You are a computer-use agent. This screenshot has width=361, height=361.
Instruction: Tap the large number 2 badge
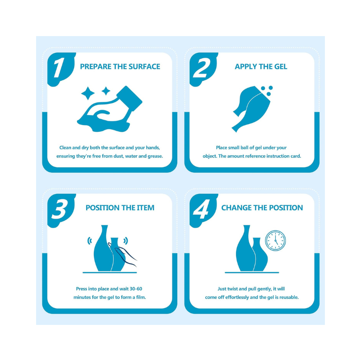[201, 68]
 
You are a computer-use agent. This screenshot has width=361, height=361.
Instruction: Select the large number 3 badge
[60, 209]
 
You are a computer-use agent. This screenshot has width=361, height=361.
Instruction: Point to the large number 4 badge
[202, 209]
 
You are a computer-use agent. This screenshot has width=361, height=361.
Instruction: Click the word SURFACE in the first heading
[144, 66]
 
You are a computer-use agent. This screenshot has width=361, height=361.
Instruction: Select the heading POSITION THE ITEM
[120, 208]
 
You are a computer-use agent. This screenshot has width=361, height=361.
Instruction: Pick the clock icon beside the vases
[275, 241]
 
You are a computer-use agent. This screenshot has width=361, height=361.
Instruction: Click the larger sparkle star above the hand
[88, 93]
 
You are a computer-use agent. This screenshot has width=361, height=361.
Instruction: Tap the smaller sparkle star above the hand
[106, 91]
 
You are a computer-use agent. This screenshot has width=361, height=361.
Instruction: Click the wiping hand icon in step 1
[110, 109]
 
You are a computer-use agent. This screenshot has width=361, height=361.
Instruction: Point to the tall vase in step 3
[103, 248]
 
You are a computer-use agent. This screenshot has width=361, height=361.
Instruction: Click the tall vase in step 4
[245, 248]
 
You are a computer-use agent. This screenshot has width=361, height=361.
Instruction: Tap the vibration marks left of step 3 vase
[89, 241]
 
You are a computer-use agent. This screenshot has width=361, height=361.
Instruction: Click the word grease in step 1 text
[155, 156]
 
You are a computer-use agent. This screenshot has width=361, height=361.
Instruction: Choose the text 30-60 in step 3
[136, 289]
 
